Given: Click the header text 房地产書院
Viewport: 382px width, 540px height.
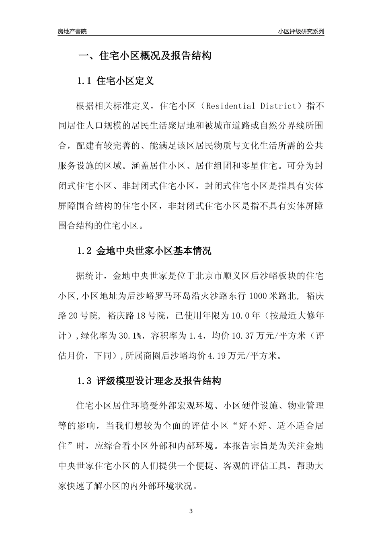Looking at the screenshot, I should pyautogui.click(x=72, y=31).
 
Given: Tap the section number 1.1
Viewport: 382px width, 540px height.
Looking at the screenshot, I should pyautogui.click(x=85, y=81).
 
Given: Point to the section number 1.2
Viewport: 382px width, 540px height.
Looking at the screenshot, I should pyautogui.click(x=85, y=251).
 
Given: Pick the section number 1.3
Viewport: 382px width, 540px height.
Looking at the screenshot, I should pyautogui.click(x=85, y=381).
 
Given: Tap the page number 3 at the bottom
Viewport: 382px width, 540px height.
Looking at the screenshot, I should pyautogui.click(x=191, y=511).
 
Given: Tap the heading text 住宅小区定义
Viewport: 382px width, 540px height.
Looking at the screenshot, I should pyautogui.click(x=125, y=81).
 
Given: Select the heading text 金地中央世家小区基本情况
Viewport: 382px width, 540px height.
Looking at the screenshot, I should pyautogui.click(x=154, y=251).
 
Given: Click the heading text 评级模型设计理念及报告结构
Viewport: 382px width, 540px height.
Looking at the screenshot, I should pyautogui.click(x=159, y=381).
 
